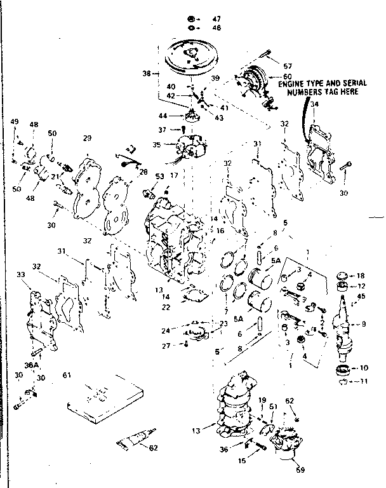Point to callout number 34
(x=314, y=123)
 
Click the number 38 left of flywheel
(x=147, y=74)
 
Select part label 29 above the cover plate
(x=88, y=138)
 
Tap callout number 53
(x=160, y=176)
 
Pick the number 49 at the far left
(x=15, y=121)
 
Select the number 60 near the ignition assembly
(x=278, y=77)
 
